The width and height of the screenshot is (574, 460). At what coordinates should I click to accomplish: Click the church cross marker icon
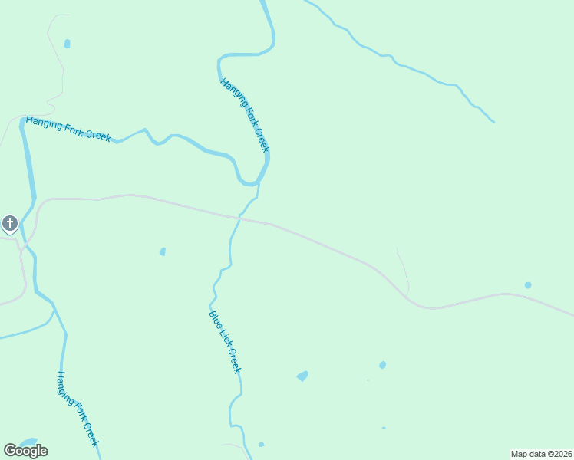point(9,224)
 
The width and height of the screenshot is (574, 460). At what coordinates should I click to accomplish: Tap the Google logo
point(25,451)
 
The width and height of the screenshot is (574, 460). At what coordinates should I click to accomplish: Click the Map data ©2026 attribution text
point(541,453)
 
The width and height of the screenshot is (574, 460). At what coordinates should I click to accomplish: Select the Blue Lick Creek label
point(225,341)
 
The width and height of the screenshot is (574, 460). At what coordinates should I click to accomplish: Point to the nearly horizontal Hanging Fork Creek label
point(68,128)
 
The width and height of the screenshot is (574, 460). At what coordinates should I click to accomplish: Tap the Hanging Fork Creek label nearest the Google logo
point(77,409)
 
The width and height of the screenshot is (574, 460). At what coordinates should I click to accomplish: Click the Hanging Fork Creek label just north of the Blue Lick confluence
point(245,115)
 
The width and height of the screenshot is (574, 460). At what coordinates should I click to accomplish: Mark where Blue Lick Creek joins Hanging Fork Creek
point(259,184)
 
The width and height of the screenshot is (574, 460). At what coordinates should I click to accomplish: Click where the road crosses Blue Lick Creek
point(239,219)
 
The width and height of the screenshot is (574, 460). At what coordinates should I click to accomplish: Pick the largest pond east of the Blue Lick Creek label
point(302,376)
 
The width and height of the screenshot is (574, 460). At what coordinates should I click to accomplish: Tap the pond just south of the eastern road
point(528,285)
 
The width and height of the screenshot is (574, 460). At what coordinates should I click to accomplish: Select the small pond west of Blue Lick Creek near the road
point(162,251)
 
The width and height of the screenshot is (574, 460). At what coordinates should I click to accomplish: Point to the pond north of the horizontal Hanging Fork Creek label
point(67,44)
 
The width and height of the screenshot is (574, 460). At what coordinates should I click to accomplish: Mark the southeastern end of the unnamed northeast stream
point(493,121)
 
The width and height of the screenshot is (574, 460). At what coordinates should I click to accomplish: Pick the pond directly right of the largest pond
point(382,365)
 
